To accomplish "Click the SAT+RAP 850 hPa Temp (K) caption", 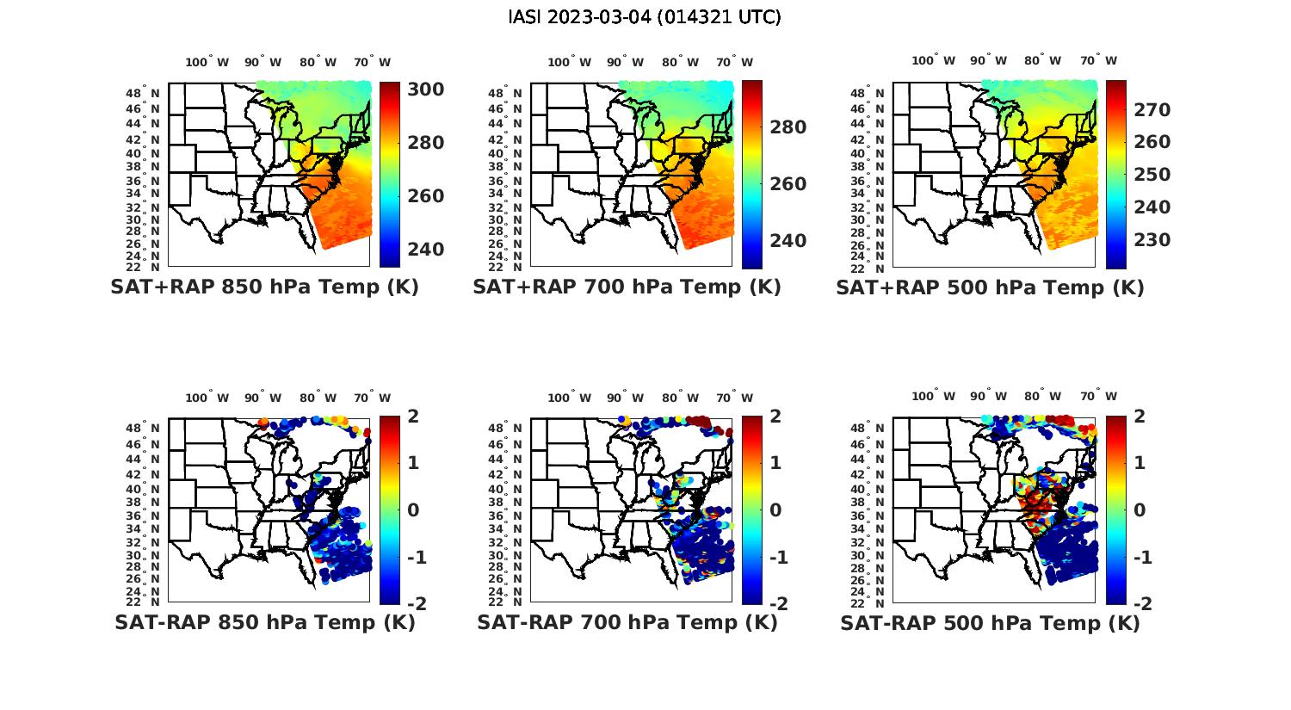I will click(264, 287).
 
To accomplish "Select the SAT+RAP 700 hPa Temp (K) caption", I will click(627, 287).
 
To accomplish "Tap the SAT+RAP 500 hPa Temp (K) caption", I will click(990, 287).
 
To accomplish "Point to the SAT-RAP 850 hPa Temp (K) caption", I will click(264, 622).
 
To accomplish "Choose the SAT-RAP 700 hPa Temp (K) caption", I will click(627, 622).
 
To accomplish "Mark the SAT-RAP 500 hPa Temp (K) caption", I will click(990, 622).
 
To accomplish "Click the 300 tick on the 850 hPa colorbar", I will click(426, 90).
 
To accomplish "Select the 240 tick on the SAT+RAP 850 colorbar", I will click(426, 250).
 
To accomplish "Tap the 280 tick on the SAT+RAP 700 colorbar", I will click(788, 127).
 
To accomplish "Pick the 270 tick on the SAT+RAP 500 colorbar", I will click(1152, 109).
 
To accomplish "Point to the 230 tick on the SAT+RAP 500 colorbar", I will click(1152, 240).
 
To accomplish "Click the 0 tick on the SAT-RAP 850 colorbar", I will click(413, 509).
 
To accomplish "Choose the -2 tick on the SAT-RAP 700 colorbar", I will click(778, 604).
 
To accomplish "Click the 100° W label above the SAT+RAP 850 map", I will click(207, 62).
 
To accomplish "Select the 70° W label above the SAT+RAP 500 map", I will click(1098, 60).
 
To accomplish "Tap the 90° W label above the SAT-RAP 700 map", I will click(626, 398).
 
